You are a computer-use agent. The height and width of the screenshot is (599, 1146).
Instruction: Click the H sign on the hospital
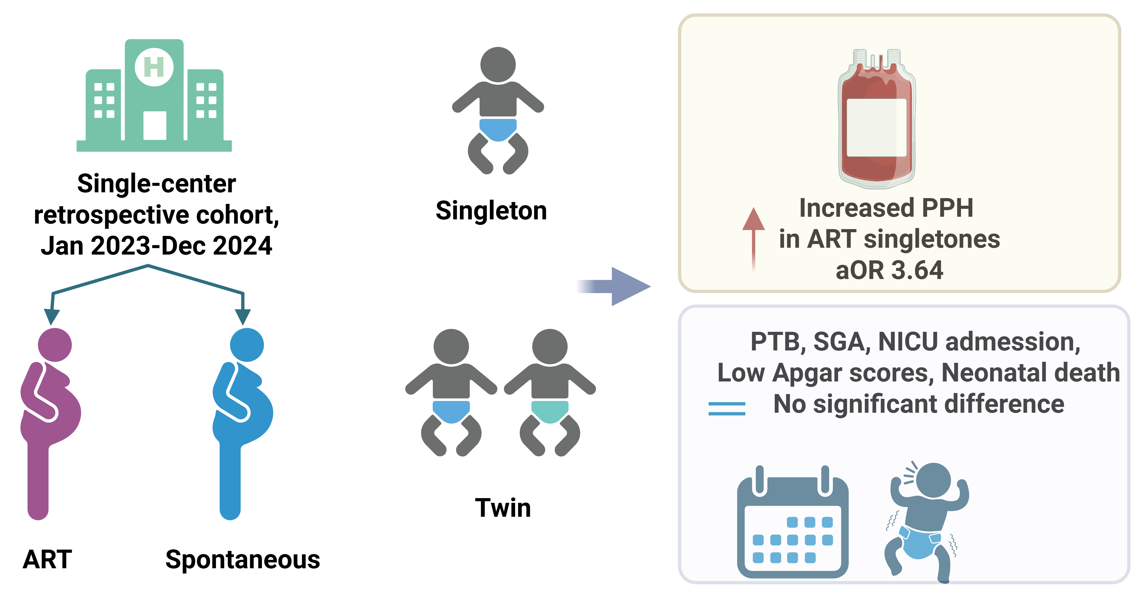coord(154,68)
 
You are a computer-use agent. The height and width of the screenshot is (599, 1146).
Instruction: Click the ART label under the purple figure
coord(47,559)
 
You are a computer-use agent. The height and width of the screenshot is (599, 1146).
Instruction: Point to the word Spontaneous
coord(242,559)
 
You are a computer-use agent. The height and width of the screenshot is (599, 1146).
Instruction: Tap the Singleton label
coord(491,210)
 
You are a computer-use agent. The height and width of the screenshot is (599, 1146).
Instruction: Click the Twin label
coord(503,508)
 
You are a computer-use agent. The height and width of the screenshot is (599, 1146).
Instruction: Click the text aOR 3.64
coord(889,270)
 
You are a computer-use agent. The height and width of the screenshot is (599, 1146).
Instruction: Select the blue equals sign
coord(726,409)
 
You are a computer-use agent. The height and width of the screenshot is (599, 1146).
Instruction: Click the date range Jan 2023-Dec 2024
coord(156,246)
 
